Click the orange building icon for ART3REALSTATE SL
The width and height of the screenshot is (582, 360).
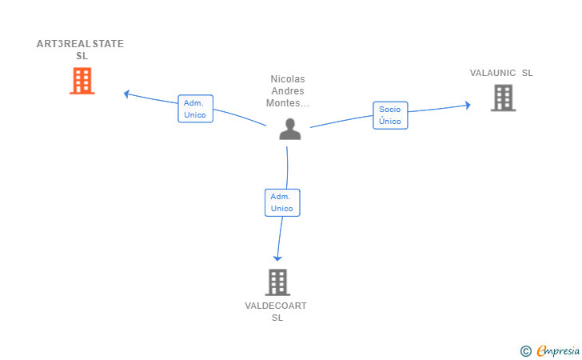click(82, 81)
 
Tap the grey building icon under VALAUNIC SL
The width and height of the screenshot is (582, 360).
click(504, 98)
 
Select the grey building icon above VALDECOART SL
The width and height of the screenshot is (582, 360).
click(277, 282)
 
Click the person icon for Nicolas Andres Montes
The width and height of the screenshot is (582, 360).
click(290, 129)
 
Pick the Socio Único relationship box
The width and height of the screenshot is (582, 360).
click(390, 115)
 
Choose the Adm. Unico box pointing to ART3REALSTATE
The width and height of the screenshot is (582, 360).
click(195, 109)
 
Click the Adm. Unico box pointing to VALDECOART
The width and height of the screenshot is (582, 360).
click(282, 202)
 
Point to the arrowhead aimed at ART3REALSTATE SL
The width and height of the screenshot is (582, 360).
click(126, 94)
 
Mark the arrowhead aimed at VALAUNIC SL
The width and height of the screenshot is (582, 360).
click(468, 105)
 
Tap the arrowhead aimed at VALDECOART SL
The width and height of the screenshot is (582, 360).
click(277, 258)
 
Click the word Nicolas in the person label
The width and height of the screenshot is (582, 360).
click(288, 79)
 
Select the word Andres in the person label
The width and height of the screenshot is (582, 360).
click(288, 91)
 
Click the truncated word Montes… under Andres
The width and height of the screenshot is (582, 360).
click(288, 103)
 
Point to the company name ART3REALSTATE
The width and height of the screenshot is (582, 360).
click(80, 44)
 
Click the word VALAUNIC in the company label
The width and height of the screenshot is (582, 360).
click(492, 73)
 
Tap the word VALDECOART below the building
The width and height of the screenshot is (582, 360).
click(276, 306)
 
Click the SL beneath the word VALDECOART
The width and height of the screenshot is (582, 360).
click(277, 318)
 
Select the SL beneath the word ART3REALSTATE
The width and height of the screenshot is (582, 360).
click(82, 56)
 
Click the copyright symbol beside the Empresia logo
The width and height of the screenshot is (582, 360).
click(525, 351)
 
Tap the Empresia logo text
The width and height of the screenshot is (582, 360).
click(558, 350)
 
